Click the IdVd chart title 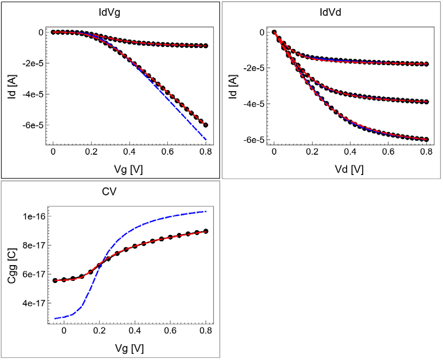[x=331, y=12]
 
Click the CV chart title [x=109, y=191]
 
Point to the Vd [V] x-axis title [x=350, y=170]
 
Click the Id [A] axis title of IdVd [x=233, y=86]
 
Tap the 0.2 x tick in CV [x=100, y=330]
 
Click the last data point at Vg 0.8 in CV [x=206, y=231]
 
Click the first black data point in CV [x=55, y=280]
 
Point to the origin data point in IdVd [x=274, y=32]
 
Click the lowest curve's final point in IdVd [x=426, y=139]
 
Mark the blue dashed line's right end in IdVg [x=206, y=140]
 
